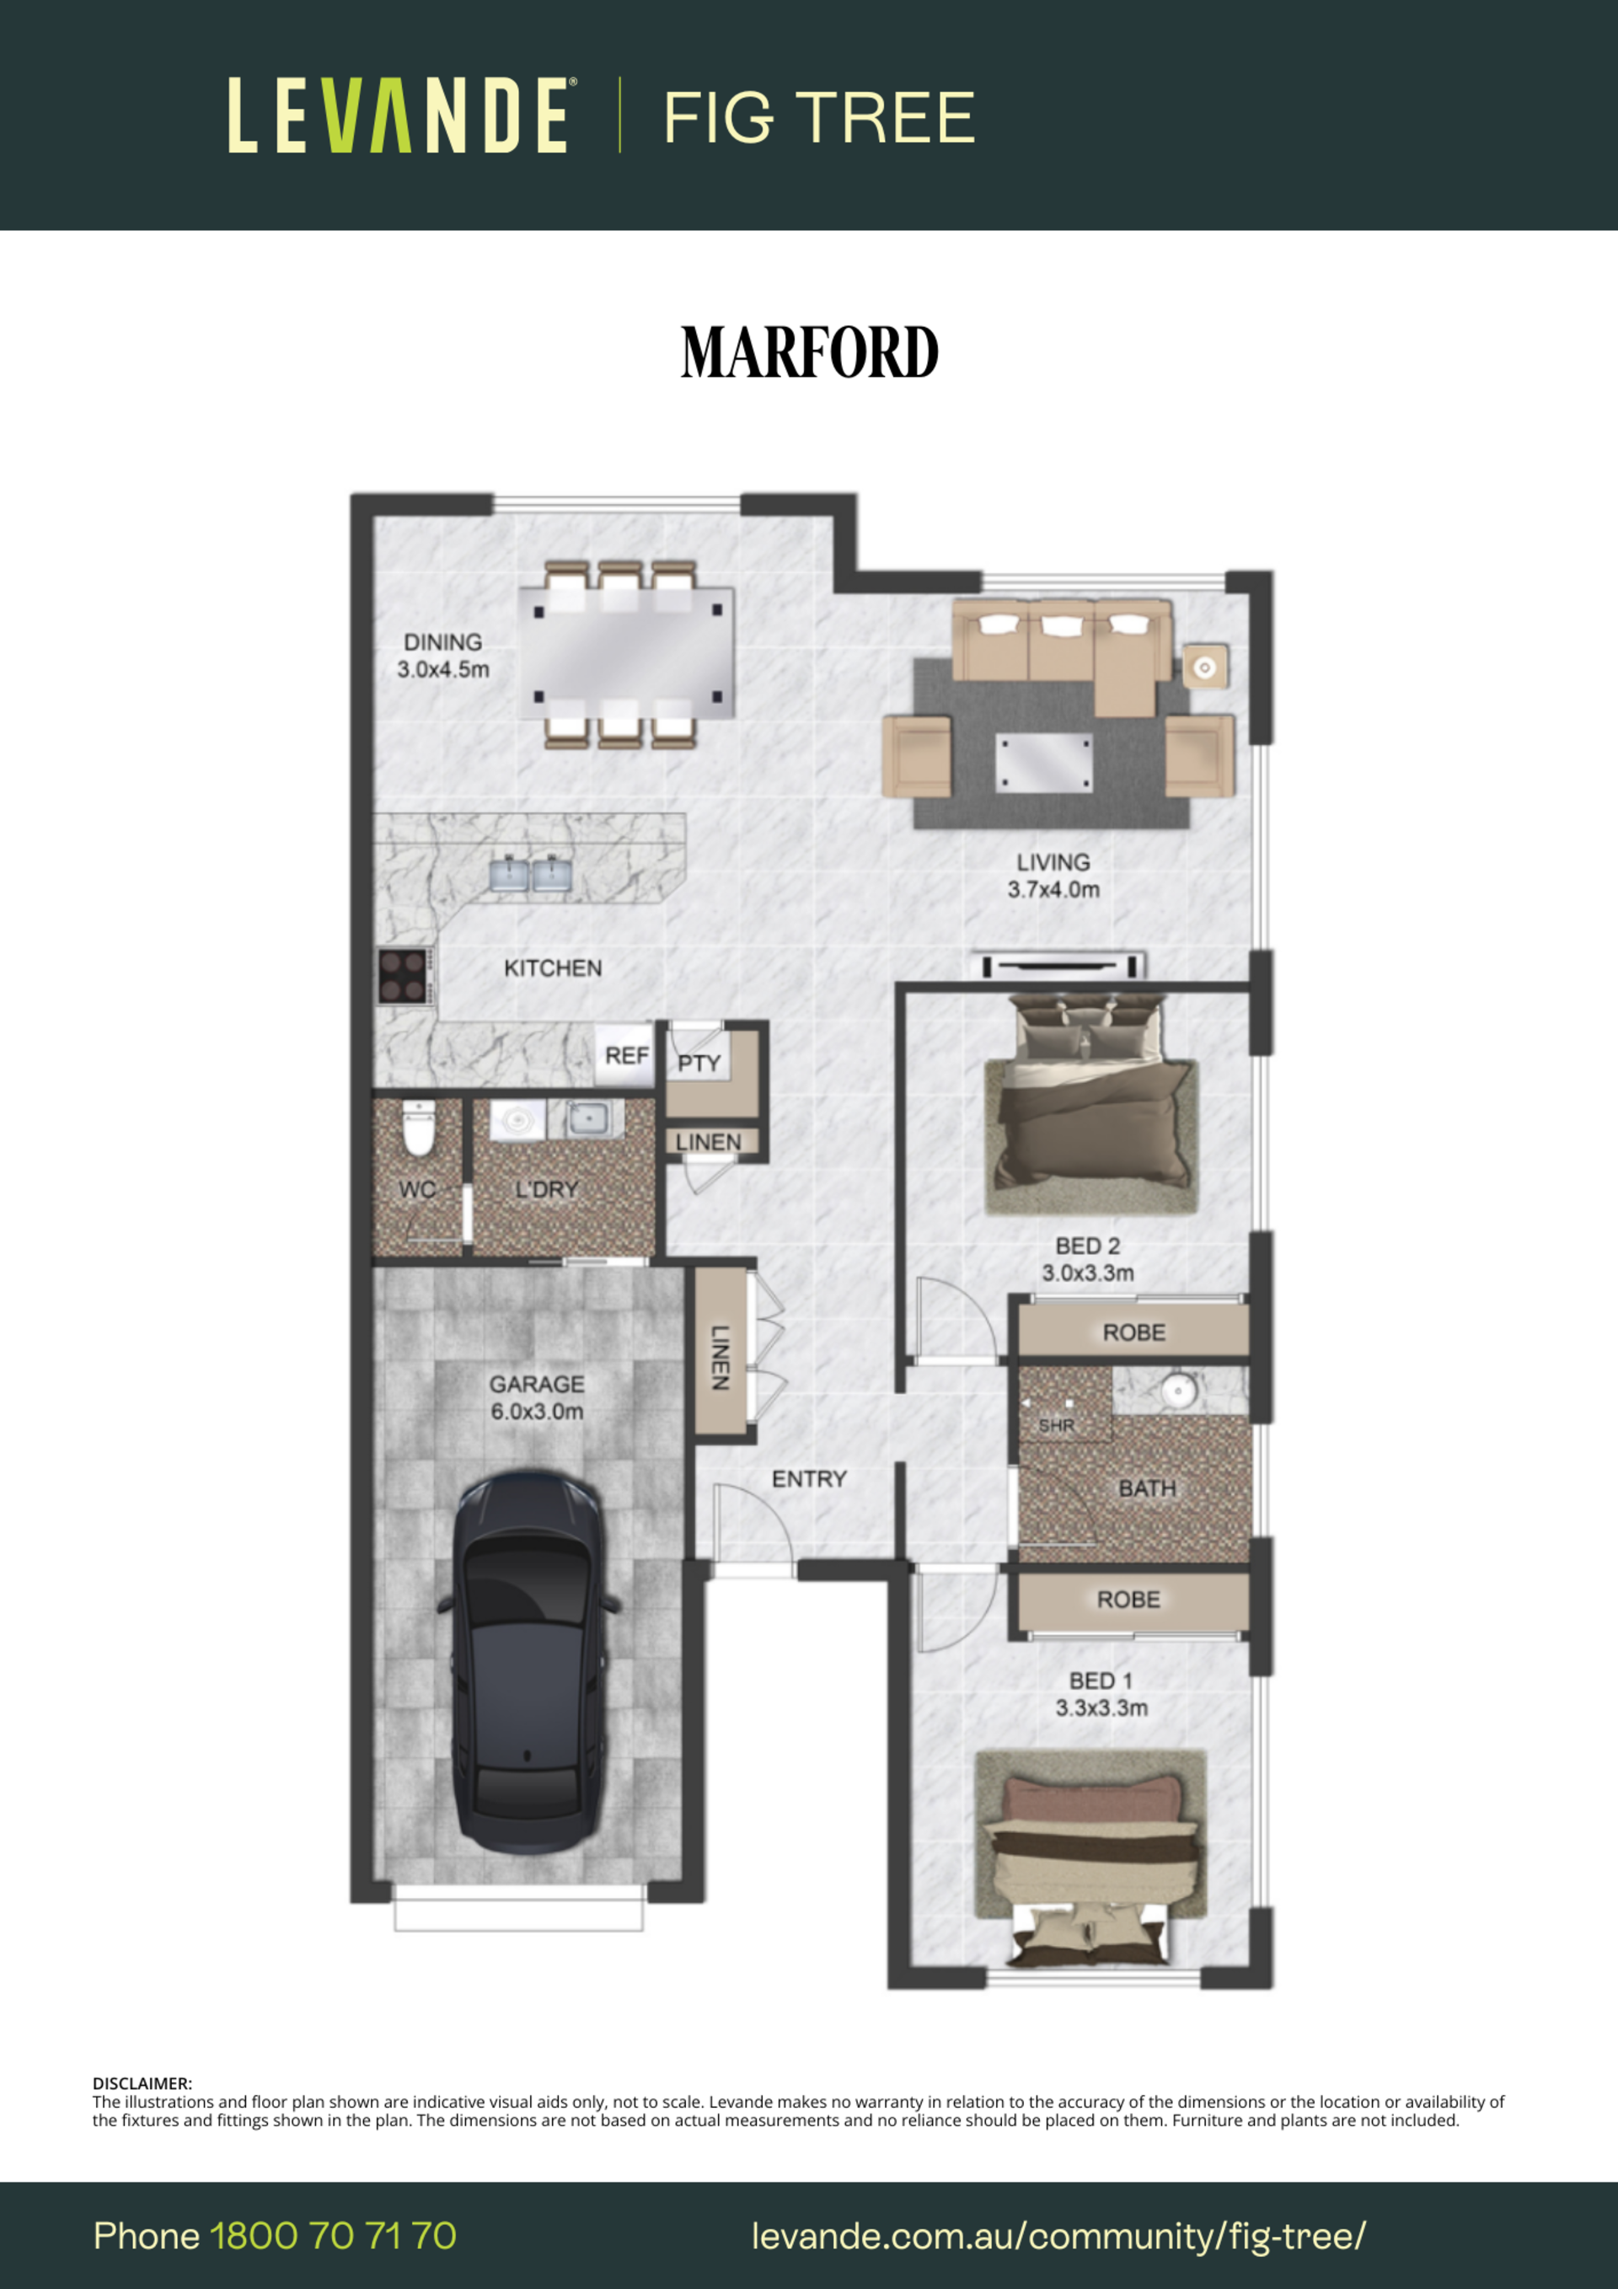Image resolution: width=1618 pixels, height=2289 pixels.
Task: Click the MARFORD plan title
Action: coord(810,352)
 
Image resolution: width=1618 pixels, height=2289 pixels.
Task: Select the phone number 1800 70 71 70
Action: coord(333,2235)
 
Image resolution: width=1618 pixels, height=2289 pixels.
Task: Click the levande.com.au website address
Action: coord(1058,2236)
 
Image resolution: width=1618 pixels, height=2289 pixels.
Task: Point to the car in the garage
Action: coord(528,1661)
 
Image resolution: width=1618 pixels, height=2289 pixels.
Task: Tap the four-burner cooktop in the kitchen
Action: coord(404,976)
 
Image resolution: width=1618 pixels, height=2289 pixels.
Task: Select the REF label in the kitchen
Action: coord(626,1055)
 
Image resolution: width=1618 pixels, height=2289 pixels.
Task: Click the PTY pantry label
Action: coord(699,1063)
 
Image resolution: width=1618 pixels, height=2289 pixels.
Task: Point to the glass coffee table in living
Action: coord(1042,763)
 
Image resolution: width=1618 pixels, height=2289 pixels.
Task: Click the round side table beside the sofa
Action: coord(1204,667)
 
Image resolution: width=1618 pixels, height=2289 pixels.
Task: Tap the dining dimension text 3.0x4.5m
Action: coord(443,669)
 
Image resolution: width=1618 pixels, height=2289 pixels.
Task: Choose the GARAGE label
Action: coord(536,1384)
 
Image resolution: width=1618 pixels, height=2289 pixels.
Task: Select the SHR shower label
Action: coord(1057,1426)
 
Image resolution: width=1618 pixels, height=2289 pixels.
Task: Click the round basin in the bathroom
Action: coord(1178,1389)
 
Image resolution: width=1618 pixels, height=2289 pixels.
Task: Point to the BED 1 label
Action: coord(1101,1681)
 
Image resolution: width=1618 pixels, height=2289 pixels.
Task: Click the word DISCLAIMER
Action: coord(142,2083)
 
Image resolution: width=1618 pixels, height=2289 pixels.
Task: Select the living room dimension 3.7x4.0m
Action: coord(1053,889)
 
